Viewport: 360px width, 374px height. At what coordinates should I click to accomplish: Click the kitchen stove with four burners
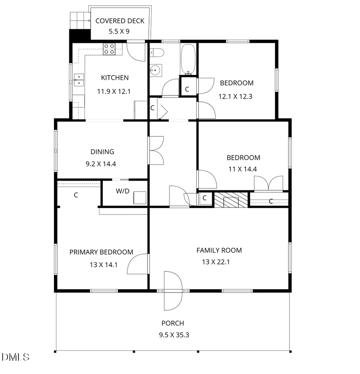click(x=109, y=49)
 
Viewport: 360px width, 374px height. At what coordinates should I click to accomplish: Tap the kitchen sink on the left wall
click(x=79, y=80)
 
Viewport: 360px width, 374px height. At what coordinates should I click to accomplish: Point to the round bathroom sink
click(x=155, y=71)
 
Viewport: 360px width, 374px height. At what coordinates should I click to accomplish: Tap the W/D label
click(x=122, y=191)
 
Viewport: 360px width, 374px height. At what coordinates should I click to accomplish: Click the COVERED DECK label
click(x=120, y=21)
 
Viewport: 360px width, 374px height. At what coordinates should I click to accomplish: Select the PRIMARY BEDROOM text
click(x=101, y=252)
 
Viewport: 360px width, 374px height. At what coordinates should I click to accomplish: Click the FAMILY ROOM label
click(x=219, y=251)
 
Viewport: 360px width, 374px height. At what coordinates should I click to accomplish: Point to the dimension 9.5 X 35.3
click(x=174, y=335)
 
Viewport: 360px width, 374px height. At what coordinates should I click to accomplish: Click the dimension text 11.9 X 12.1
click(x=114, y=91)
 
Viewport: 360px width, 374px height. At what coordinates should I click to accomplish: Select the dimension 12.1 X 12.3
click(x=235, y=96)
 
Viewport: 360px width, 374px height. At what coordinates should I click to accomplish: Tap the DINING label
click(x=102, y=152)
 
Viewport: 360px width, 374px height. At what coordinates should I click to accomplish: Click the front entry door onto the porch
click(x=173, y=290)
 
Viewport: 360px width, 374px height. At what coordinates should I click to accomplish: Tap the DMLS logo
click(x=15, y=356)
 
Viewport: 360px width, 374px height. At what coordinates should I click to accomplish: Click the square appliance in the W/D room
click(x=140, y=198)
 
